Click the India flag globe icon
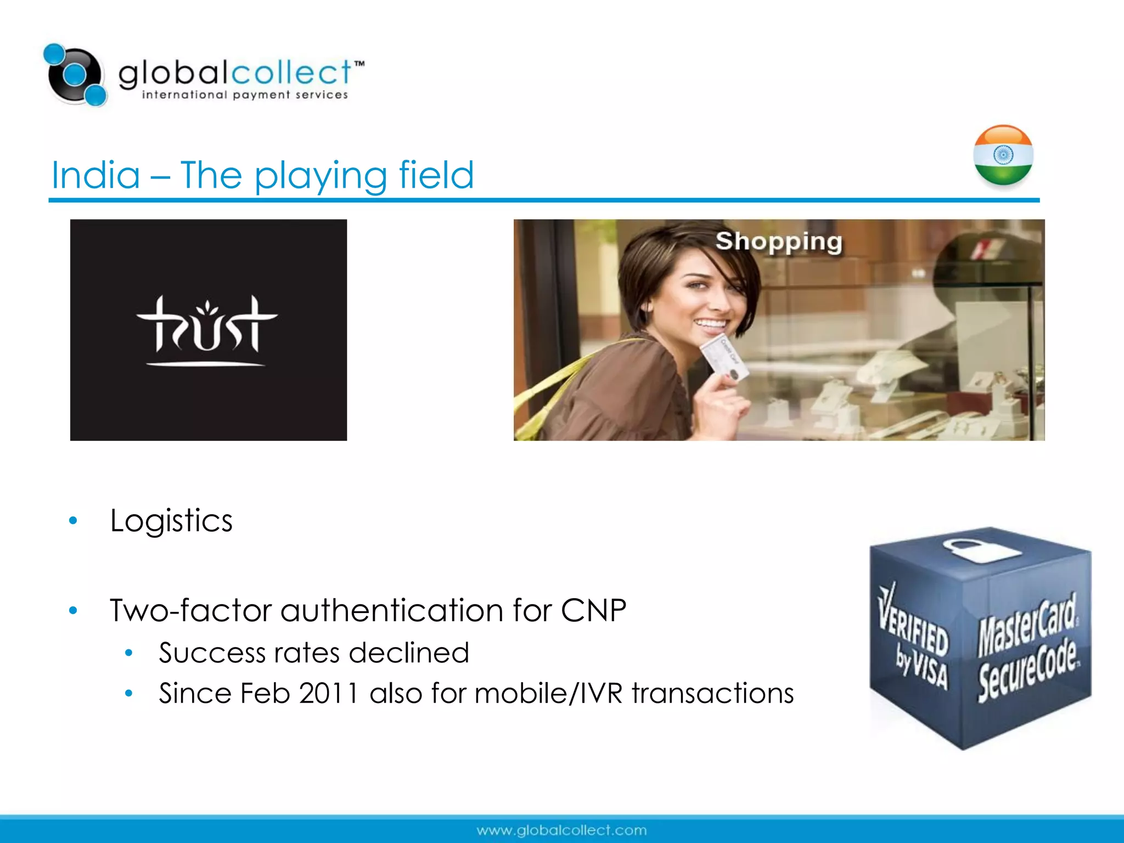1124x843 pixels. point(1003,156)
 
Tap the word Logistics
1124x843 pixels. point(171,520)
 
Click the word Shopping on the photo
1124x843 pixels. point(778,241)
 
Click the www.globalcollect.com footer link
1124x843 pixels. point(561,830)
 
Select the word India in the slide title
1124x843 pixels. point(96,176)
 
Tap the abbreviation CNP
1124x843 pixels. point(593,610)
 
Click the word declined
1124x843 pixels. point(409,653)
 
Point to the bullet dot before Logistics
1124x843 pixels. point(73,521)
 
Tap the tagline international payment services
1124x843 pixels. point(245,95)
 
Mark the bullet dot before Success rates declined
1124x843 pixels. point(129,653)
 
